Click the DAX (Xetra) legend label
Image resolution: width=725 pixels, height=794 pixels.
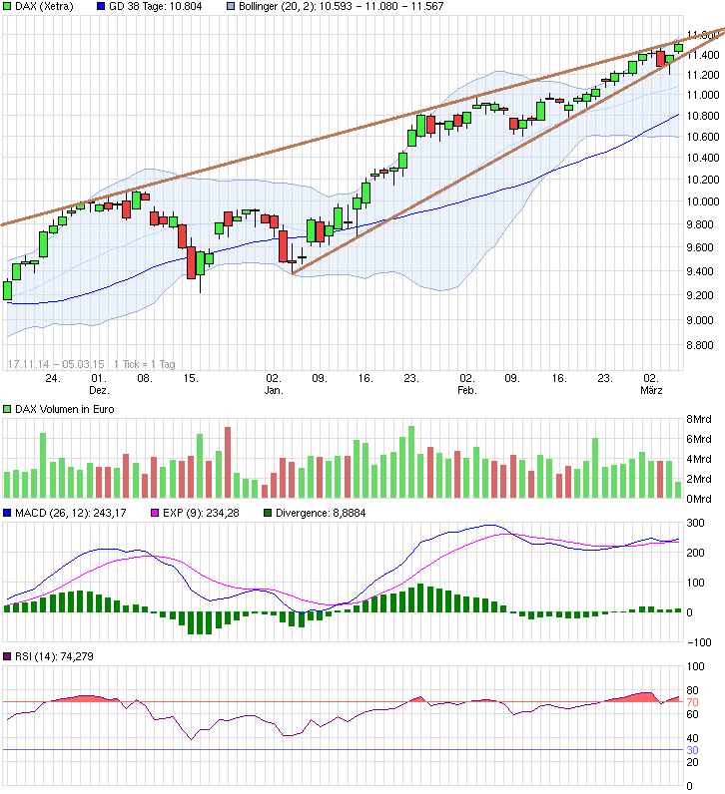pyautogui.click(x=46, y=6)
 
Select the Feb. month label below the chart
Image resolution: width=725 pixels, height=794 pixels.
pyautogui.click(x=466, y=392)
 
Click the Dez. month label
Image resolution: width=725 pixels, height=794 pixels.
pyautogui.click(x=98, y=392)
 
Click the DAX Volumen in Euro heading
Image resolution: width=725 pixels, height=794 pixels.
pyautogui.click(x=61, y=409)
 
